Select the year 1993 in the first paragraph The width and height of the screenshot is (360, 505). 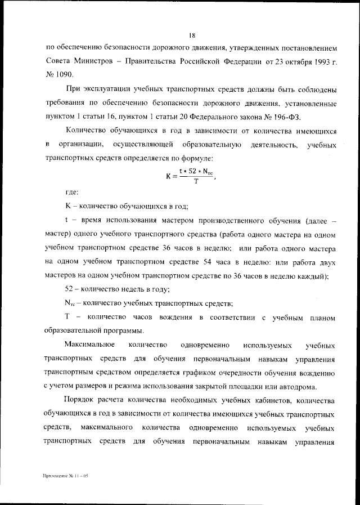click(317, 59)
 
